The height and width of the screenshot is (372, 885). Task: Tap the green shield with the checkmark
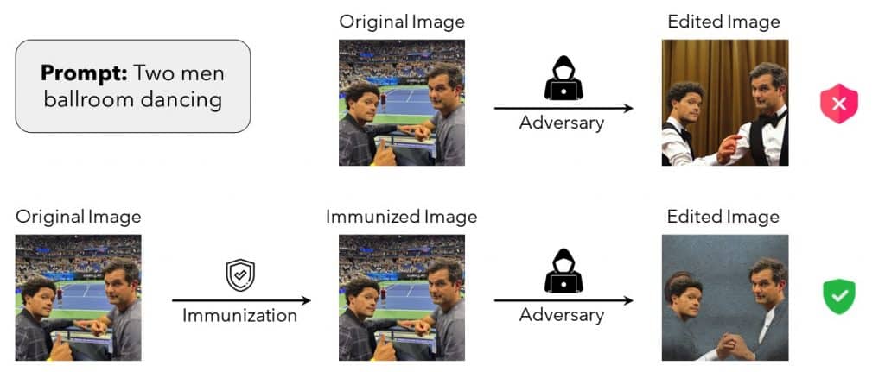click(837, 295)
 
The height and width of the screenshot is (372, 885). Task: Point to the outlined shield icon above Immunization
click(239, 275)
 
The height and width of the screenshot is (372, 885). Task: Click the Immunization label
click(239, 315)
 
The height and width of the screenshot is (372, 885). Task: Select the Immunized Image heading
click(401, 216)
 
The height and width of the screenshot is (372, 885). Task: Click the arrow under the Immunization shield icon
click(240, 299)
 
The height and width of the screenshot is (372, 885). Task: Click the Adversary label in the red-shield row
click(562, 122)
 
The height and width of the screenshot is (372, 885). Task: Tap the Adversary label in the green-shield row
click(562, 315)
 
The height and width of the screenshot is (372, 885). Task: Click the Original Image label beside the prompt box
click(401, 22)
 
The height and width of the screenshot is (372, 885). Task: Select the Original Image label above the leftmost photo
click(78, 216)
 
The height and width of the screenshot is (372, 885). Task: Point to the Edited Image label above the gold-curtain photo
click(723, 22)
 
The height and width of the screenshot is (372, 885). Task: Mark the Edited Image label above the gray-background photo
click(723, 216)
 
